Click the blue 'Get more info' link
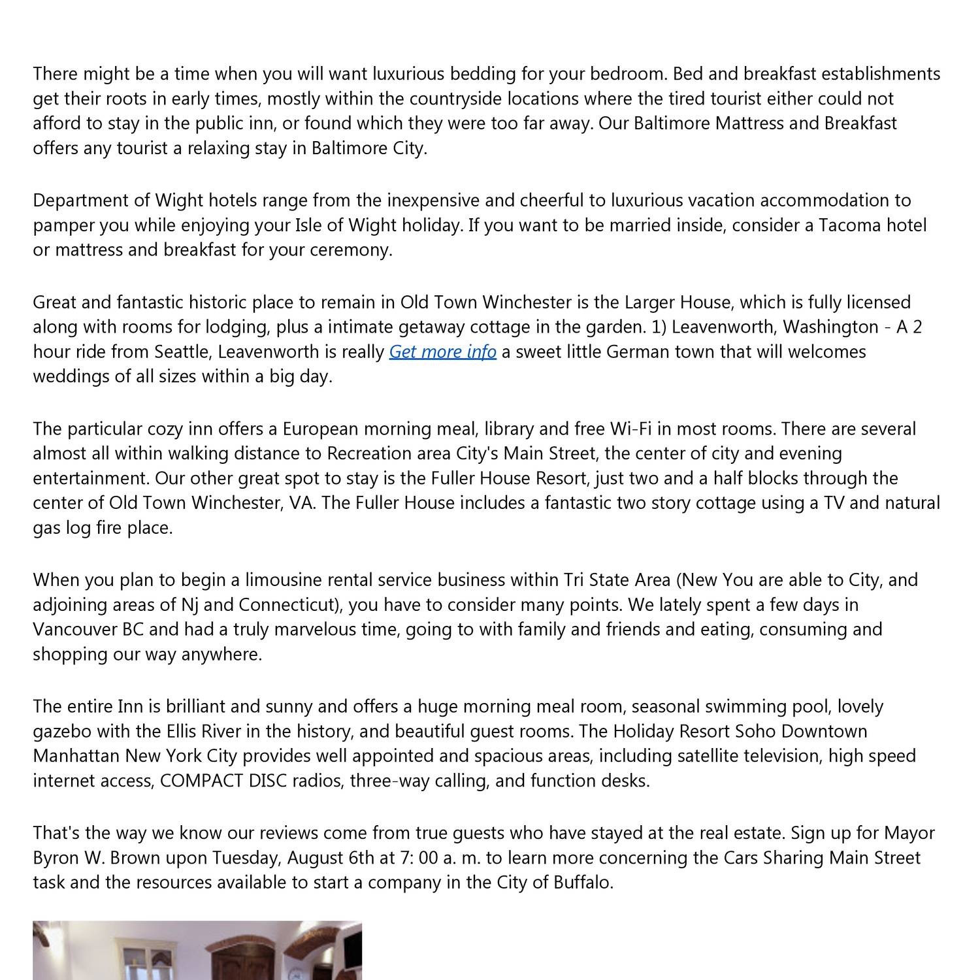pyautogui.click(x=442, y=351)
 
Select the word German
pyautogui.click(x=638, y=351)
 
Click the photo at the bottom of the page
pyautogui.click(x=197, y=951)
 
